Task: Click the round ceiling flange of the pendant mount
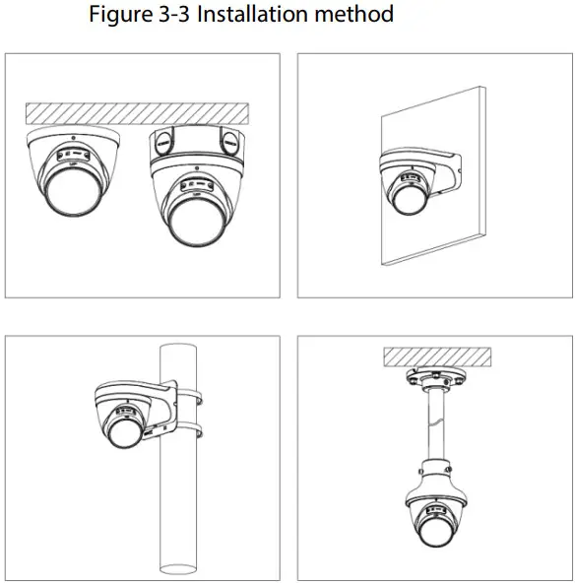coord(433,381)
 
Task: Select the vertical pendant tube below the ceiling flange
coord(433,433)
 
